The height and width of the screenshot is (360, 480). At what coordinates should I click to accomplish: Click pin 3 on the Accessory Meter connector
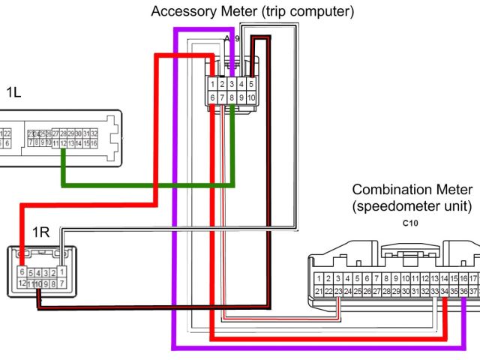point(232,84)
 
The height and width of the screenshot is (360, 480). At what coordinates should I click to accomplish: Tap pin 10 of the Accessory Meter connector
point(251,97)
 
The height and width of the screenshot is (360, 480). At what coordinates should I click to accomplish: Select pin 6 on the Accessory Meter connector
point(214,97)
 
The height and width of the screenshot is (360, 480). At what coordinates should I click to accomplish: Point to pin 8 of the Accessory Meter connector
point(232,97)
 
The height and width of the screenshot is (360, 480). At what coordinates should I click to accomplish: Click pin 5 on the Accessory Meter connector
point(251,84)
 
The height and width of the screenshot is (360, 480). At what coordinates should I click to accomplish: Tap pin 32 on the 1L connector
point(94,133)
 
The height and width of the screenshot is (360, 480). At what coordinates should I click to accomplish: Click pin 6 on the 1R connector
point(22,271)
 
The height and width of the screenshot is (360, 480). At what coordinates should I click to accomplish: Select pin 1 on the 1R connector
point(62,271)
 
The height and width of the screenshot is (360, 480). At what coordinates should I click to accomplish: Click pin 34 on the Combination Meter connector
point(445,291)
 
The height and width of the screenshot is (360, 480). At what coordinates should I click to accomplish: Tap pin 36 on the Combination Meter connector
point(464,291)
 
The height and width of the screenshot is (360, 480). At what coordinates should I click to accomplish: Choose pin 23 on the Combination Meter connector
point(338,291)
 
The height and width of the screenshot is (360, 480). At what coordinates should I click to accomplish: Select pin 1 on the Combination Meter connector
point(319,278)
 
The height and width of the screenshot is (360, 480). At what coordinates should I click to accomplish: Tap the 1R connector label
point(40,232)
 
